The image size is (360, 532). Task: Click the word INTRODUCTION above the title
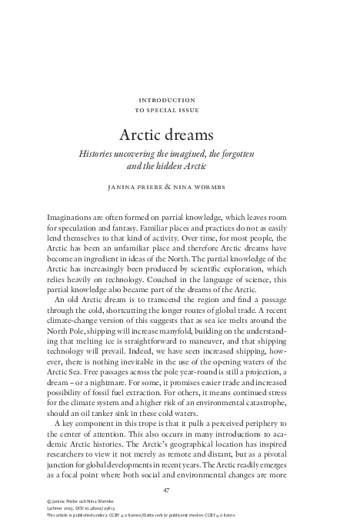point(179,100)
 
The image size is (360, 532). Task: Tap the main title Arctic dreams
point(179,135)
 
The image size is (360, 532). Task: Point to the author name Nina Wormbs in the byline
point(214,186)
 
